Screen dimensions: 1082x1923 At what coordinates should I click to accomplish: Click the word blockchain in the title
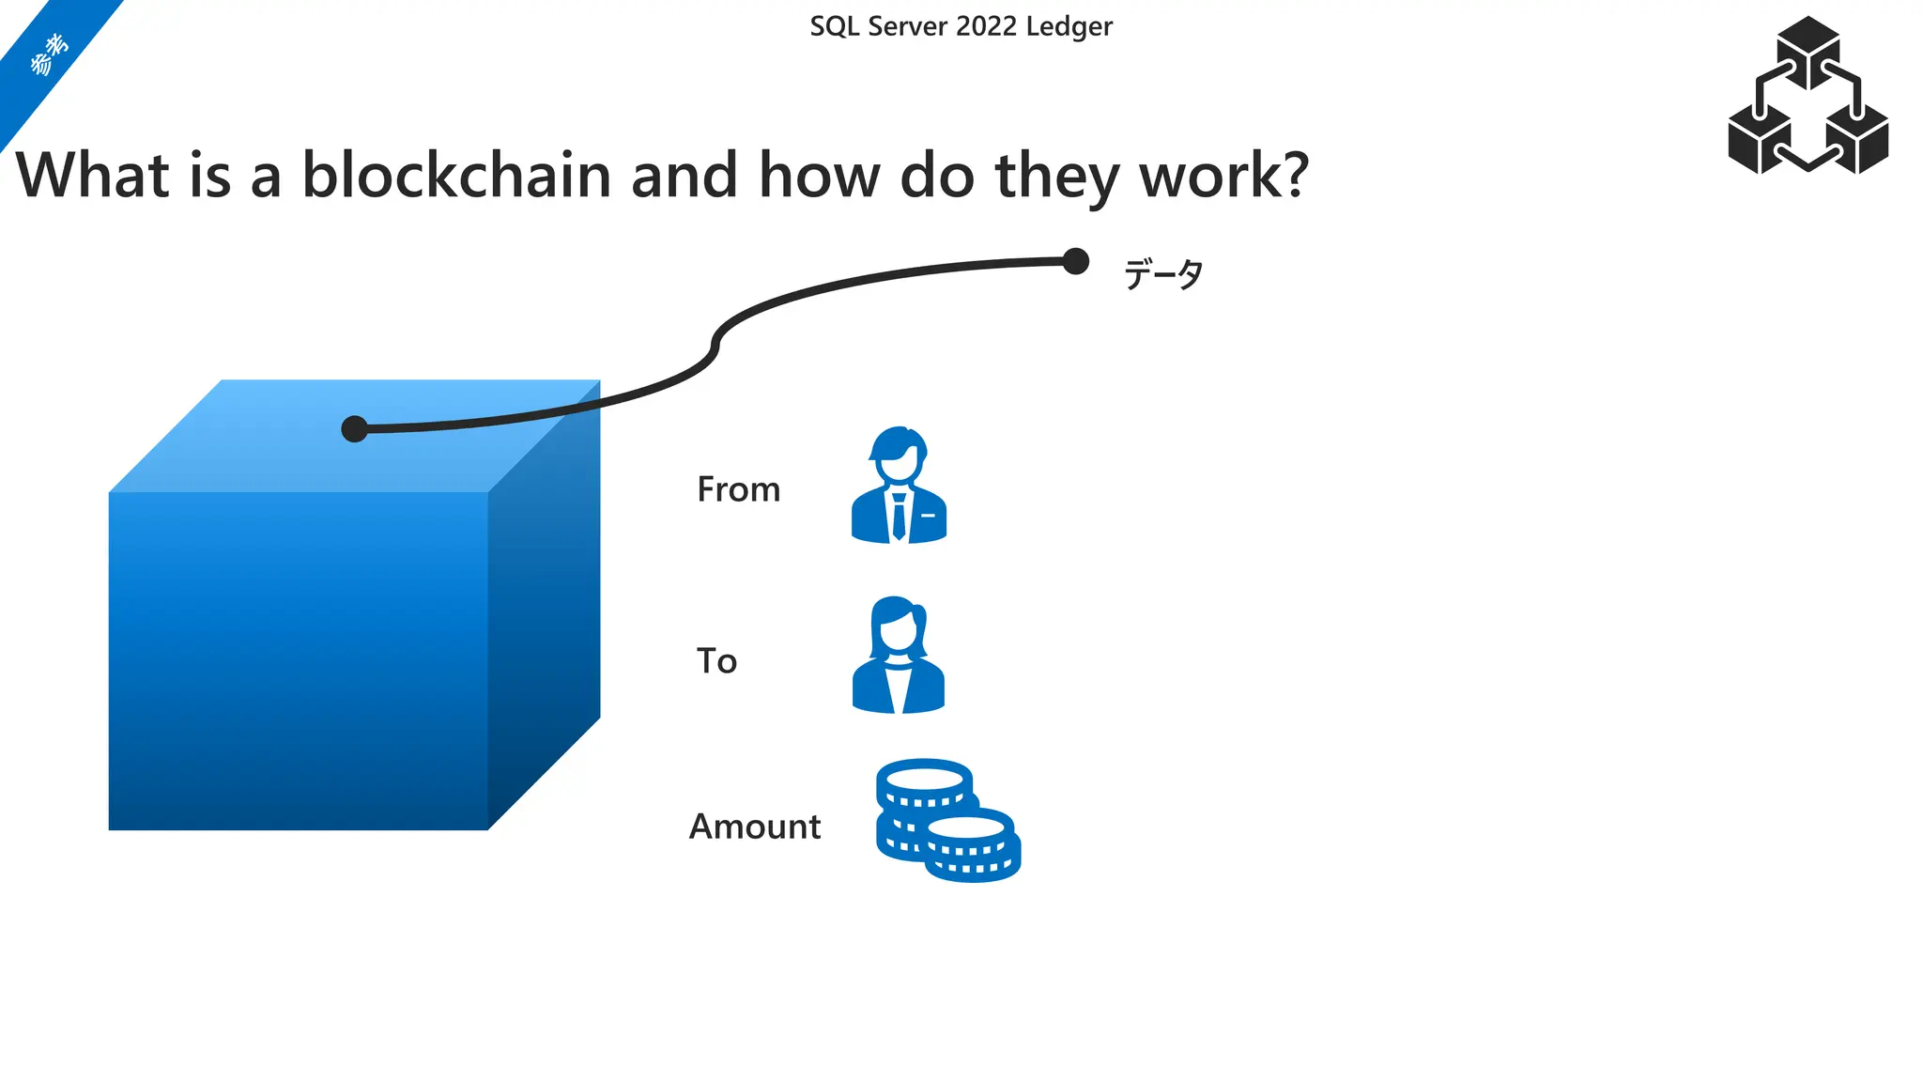pos(456,176)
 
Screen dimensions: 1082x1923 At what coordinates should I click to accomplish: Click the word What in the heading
pos(92,176)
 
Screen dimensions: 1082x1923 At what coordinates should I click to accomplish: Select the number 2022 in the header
pos(987,26)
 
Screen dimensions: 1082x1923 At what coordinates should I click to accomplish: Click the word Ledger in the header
pos(1069,27)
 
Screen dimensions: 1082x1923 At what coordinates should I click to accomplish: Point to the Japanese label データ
pos(1162,274)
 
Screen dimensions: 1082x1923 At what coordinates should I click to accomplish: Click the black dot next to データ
pos(1075,261)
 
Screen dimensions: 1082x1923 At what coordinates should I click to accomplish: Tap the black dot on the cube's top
pos(354,429)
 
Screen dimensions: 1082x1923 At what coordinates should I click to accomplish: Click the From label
pos(738,489)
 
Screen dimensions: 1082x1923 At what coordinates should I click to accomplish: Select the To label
pos(716,661)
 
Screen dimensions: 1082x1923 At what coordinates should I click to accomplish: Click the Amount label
pos(755,827)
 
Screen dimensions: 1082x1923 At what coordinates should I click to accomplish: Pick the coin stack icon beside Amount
pos(946,820)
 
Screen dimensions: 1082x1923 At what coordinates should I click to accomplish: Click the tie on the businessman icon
pos(899,517)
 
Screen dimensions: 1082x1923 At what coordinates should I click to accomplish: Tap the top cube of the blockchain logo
pos(1808,47)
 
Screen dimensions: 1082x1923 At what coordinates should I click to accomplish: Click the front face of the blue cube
pos(298,660)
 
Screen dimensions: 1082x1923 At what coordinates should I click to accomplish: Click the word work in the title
pos(1207,176)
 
